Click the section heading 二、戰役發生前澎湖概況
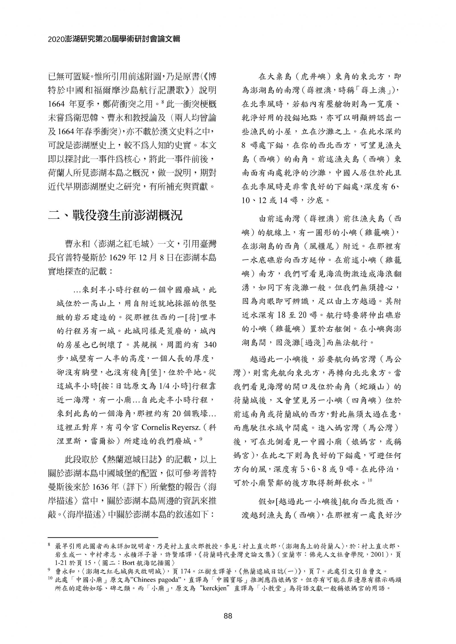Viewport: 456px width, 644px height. click(115, 215)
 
